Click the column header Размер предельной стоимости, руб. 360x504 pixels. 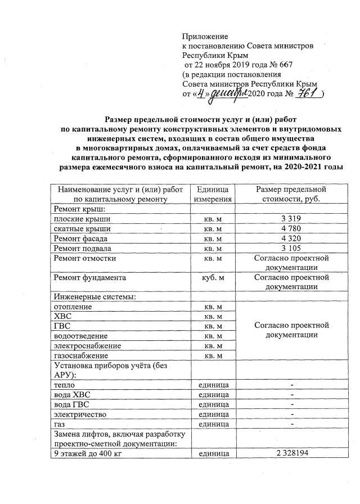pos(291,194)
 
